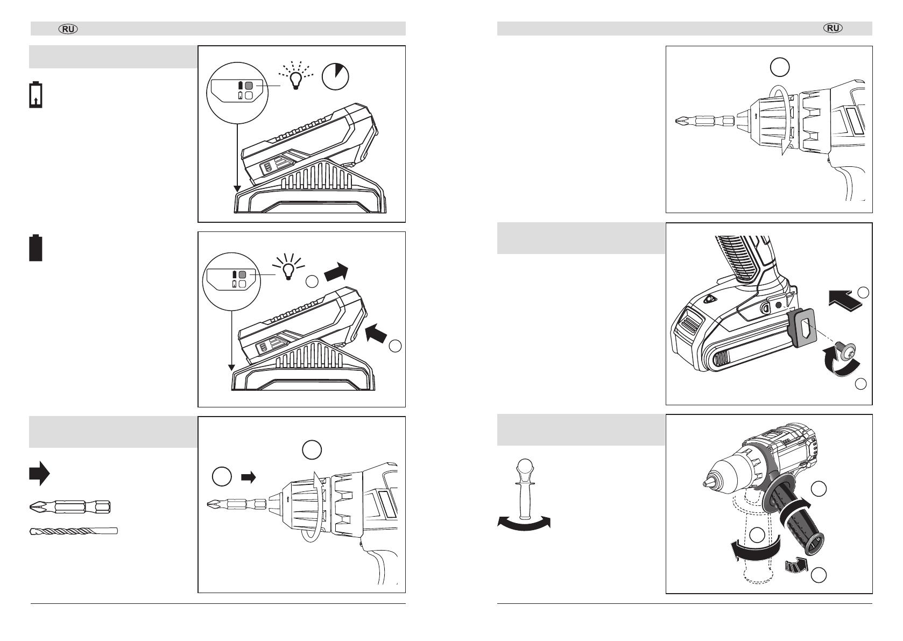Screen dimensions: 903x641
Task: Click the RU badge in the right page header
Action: [x=834, y=29]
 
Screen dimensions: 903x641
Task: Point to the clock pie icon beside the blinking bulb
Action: [x=335, y=76]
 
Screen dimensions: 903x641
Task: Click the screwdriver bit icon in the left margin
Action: [x=69, y=506]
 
